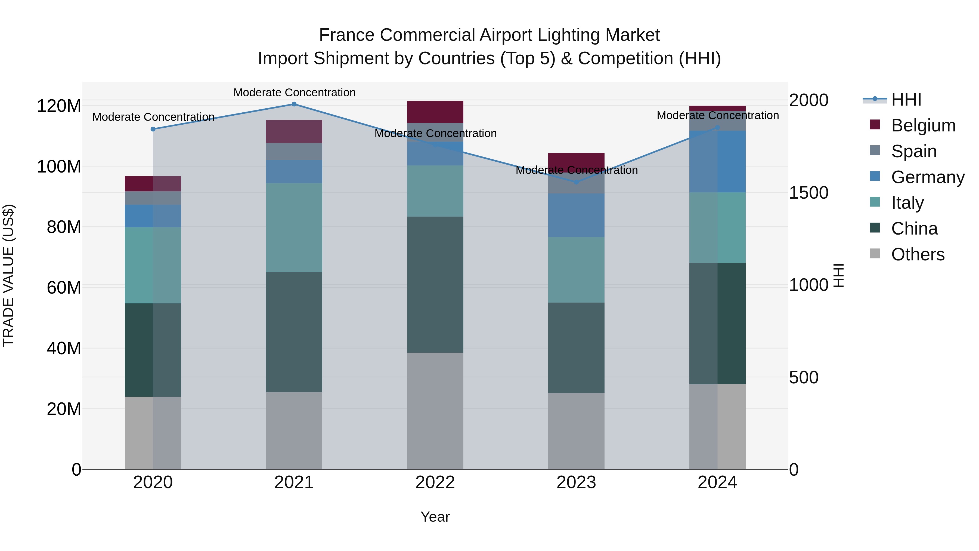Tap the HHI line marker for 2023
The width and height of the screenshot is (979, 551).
tap(576, 182)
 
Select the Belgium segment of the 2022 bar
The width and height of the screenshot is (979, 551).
tap(435, 112)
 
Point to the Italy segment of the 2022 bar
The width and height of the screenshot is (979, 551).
tap(435, 191)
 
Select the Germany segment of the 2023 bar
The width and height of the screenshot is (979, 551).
tap(576, 215)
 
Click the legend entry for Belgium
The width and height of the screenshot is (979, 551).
tap(923, 125)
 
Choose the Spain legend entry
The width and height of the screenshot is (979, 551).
tap(914, 151)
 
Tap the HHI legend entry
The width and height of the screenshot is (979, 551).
tap(906, 100)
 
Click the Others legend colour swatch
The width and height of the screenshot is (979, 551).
tap(875, 254)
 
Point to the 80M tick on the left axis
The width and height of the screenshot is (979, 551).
tap(64, 227)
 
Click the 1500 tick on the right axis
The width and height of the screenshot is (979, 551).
tap(808, 193)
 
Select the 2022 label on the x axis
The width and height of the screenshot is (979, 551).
tap(435, 482)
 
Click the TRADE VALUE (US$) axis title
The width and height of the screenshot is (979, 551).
tap(8, 275)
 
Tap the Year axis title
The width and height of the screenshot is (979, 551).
tap(435, 517)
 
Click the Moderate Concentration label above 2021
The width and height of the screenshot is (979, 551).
tap(294, 93)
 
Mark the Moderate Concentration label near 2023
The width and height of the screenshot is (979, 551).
tap(576, 170)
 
